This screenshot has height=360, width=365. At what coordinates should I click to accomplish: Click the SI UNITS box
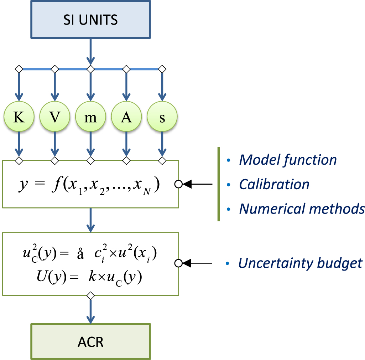coord(90,19)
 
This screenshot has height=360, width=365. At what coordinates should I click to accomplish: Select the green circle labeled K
coord(19,118)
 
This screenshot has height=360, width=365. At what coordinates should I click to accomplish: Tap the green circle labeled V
coord(54,118)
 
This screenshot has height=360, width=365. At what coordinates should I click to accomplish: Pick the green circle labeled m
coord(90,118)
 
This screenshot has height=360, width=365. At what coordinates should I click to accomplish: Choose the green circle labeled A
coord(126,118)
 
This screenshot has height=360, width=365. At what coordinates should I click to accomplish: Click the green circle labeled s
coord(162,118)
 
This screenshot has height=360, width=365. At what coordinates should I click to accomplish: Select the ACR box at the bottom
coord(90,341)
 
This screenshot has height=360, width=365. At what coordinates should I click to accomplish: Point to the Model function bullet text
coord(288,160)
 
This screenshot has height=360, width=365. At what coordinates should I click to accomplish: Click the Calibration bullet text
coord(274,184)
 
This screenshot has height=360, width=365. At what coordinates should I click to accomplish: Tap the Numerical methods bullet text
coord(302,209)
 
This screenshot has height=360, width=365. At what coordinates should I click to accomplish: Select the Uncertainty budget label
coord(300,263)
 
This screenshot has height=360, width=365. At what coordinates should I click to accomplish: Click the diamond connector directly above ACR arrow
coord(90,295)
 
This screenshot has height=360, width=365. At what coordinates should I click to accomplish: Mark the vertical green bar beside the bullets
coord(218,184)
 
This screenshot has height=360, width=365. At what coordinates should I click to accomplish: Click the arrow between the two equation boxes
coord(90,220)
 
